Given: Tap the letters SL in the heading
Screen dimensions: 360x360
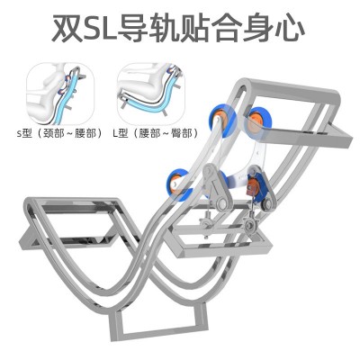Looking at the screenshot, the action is tap(101, 28).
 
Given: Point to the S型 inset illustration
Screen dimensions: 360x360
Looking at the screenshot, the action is tap(60, 94).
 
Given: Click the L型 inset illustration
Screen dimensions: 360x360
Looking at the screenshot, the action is tap(151, 94).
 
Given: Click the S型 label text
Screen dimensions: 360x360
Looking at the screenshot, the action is tap(24, 133).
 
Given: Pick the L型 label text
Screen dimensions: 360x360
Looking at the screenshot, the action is tap(121, 133).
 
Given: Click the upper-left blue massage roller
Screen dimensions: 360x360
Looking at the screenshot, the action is tap(222, 119).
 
